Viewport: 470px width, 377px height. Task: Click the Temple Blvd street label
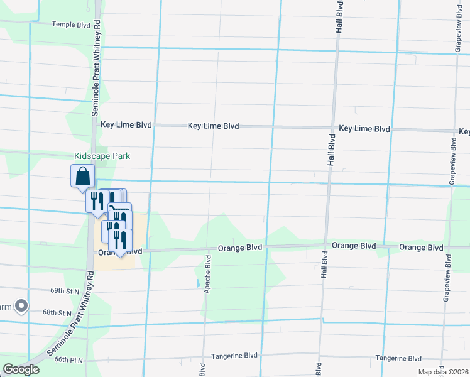pos(72,25)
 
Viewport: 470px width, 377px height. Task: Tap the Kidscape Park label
pos(102,156)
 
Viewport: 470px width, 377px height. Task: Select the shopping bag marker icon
pos(82,176)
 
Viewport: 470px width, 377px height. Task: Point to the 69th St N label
pos(65,291)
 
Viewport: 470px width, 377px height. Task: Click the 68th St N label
pos(58,312)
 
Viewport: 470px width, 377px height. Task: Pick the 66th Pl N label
pos(70,359)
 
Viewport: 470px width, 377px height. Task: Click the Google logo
pos(21,369)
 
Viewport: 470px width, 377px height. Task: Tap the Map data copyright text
pos(444,372)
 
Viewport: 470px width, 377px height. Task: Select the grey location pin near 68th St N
pos(21,307)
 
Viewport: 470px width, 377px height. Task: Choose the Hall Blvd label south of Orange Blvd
pos(325,266)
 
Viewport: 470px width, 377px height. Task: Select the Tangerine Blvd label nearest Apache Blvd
pos(235,356)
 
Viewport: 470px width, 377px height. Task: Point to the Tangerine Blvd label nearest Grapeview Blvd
pos(398,358)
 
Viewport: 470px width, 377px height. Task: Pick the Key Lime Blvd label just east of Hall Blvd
pos(364,129)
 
